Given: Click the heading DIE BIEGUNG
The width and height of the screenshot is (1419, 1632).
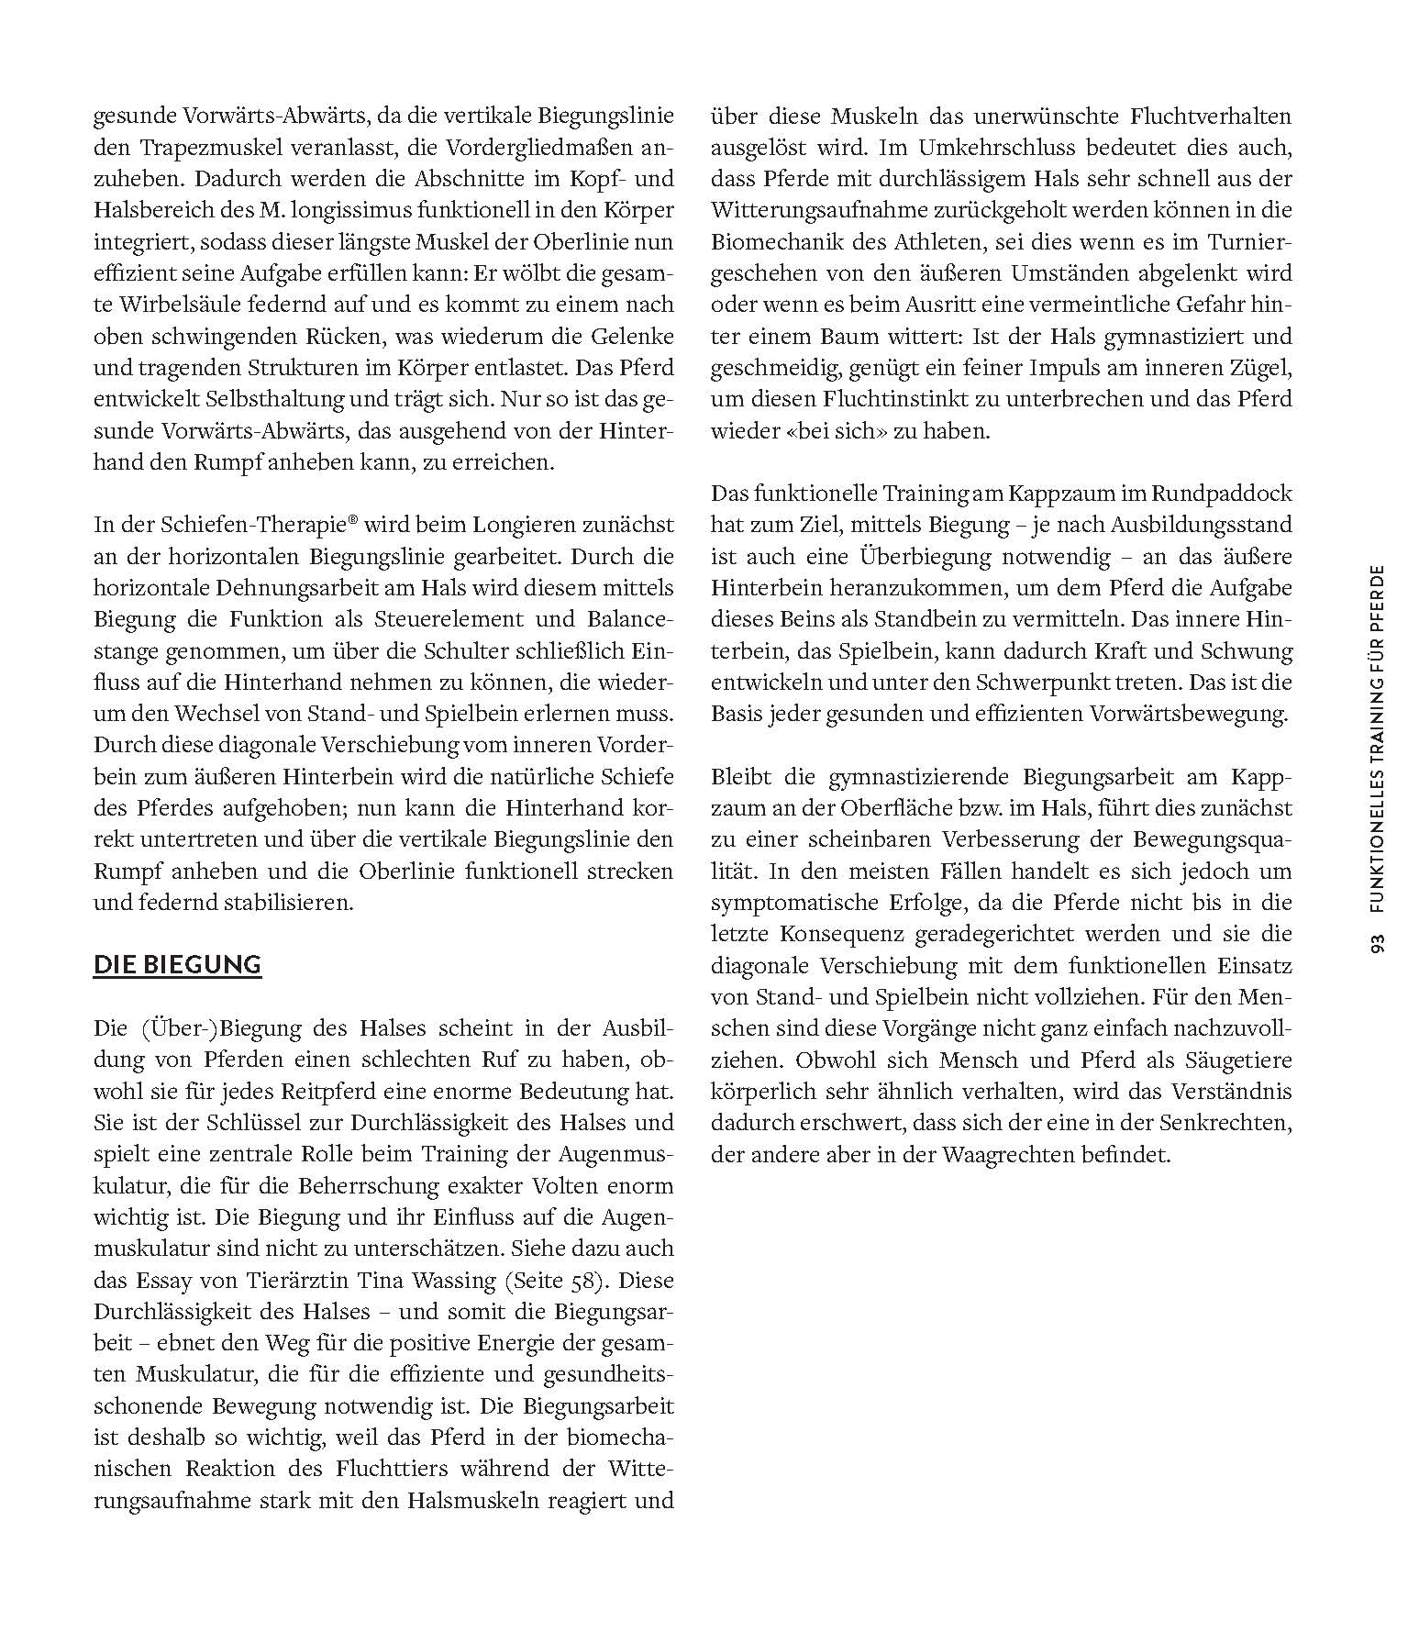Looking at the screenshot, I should point(177,965).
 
